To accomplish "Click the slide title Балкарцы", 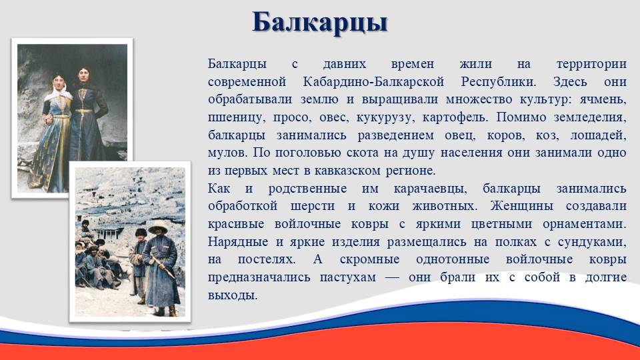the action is pos(319,23).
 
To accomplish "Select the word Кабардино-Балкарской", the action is pos(373,81).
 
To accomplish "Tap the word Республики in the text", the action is pos(499,82).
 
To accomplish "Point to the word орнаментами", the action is pos(585,225).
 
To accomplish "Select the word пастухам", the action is pos(348,277).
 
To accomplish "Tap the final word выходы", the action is pos(233,295).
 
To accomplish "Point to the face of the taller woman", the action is pos(84,75).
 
